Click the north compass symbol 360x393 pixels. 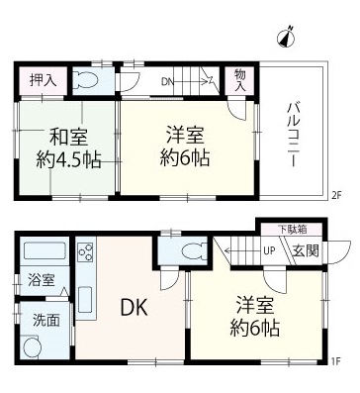point(286,37)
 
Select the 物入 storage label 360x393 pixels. point(240,80)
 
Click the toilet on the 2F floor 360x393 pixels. point(87,81)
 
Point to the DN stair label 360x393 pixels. point(167,81)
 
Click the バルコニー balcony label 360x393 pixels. point(293,135)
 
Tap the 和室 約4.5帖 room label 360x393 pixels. point(68,147)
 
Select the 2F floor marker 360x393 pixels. point(336,195)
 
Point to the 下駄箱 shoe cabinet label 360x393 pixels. point(291,230)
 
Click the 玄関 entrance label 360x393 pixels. point(307,251)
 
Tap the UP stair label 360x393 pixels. point(269,251)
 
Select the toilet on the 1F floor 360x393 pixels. point(193,250)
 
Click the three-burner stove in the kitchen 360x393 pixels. point(86,251)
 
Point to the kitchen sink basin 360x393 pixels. point(85,299)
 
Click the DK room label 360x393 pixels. point(134,308)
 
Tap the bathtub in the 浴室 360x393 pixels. point(44,251)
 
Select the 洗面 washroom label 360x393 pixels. point(46,320)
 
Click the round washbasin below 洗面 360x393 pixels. point(32,346)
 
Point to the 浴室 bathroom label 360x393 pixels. point(42,280)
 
